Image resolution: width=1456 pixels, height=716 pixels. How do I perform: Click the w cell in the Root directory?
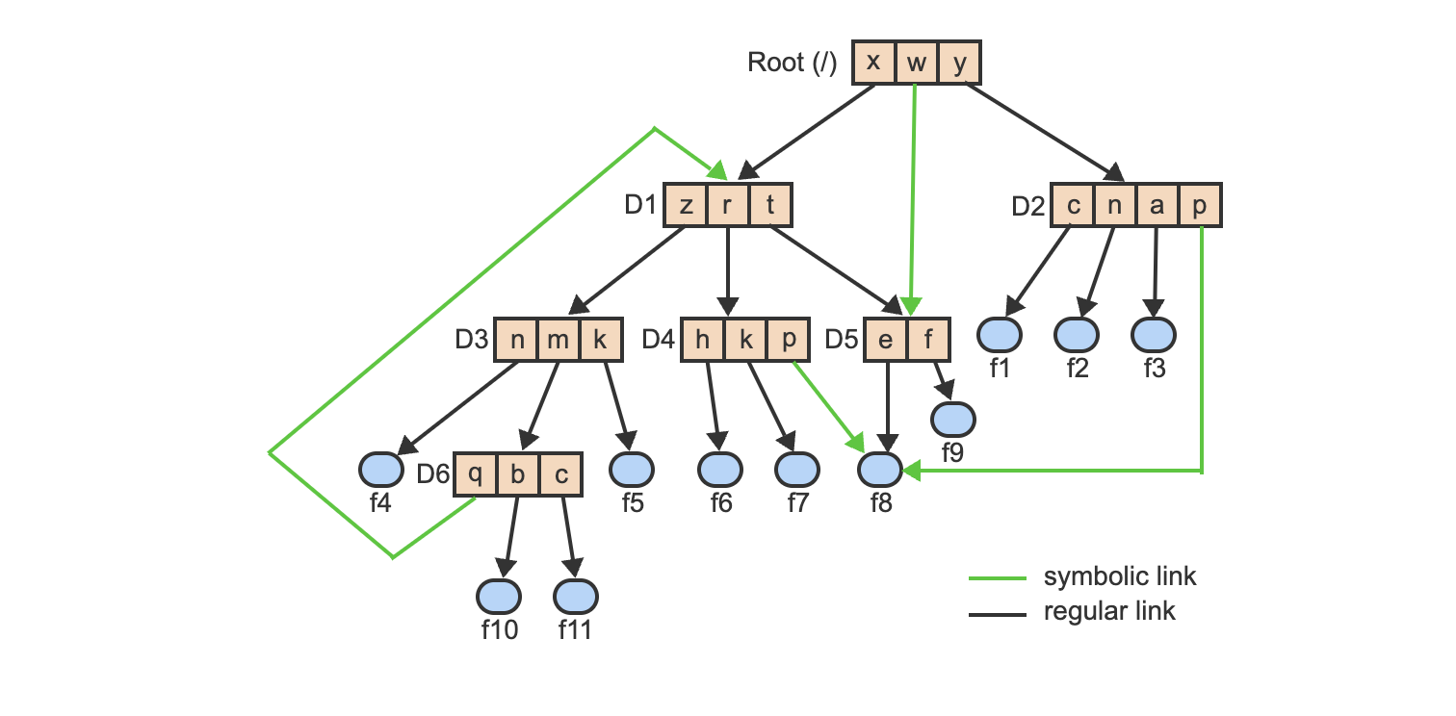[917, 63]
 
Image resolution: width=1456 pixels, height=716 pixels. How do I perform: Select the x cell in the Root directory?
[873, 63]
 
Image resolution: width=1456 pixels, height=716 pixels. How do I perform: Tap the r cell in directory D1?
[728, 205]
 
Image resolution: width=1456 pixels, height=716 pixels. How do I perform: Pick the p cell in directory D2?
[1201, 205]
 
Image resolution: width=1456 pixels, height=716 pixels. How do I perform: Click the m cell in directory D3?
[559, 340]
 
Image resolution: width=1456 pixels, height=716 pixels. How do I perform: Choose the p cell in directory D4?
[789, 340]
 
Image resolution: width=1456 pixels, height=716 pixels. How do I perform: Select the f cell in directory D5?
[928, 340]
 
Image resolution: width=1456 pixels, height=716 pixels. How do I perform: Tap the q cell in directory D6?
[475, 473]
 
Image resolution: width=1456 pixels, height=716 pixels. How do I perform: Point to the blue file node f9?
[953, 419]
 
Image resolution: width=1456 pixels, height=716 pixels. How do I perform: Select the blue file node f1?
[1000, 335]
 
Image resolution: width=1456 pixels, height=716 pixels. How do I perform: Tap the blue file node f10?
[499, 597]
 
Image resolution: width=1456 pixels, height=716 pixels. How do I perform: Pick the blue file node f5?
[632, 469]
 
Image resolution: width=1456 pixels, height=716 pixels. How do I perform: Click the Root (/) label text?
[792, 64]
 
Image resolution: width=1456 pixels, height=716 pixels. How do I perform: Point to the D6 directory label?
[432, 474]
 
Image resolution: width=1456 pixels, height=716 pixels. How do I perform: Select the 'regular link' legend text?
[1109, 611]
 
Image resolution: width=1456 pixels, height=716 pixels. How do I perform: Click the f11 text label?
[575, 631]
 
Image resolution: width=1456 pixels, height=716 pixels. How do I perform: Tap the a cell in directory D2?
[1157, 205]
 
